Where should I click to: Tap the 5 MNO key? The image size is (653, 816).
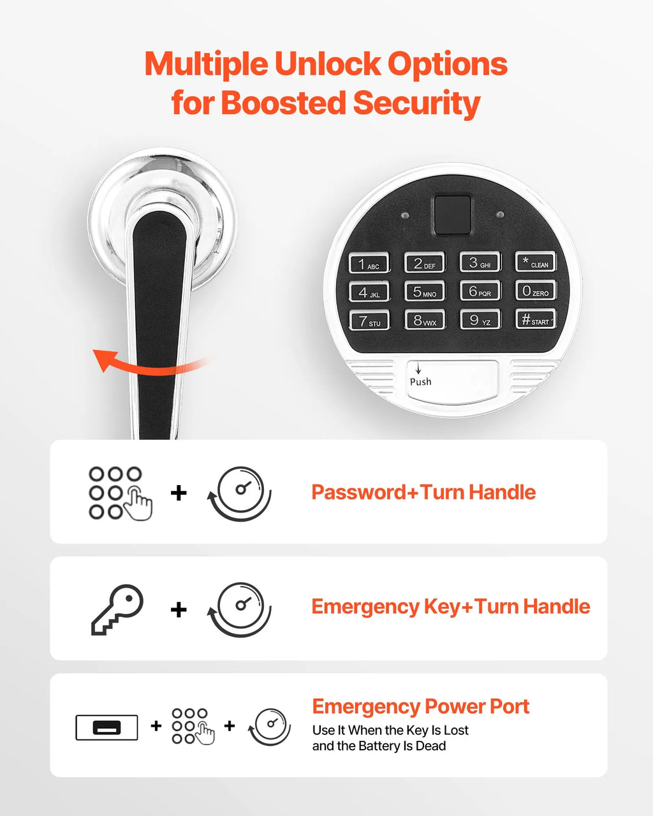pyautogui.click(x=425, y=291)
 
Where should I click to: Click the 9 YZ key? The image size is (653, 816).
pyautogui.click(x=480, y=319)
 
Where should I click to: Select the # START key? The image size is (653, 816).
pyautogui.click(x=536, y=319)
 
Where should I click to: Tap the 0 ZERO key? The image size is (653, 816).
pyautogui.click(x=536, y=290)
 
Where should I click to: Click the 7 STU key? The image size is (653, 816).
pyautogui.click(x=369, y=321)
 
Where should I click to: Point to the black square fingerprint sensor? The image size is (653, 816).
pyautogui.click(x=452, y=215)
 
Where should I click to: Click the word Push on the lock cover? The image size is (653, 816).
pyautogui.click(x=420, y=381)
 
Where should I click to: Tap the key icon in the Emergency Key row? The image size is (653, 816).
pyautogui.click(x=117, y=609)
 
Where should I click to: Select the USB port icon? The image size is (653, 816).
pyautogui.click(x=106, y=727)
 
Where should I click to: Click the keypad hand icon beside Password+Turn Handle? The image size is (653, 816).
pyautogui.click(x=121, y=493)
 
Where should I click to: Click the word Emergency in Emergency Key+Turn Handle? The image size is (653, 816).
pyautogui.click(x=365, y=607)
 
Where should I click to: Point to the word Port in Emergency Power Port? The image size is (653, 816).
pyautogui.click(x=509, y=706)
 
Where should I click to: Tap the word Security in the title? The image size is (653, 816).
pyautogui.click(x=416, y=103)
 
